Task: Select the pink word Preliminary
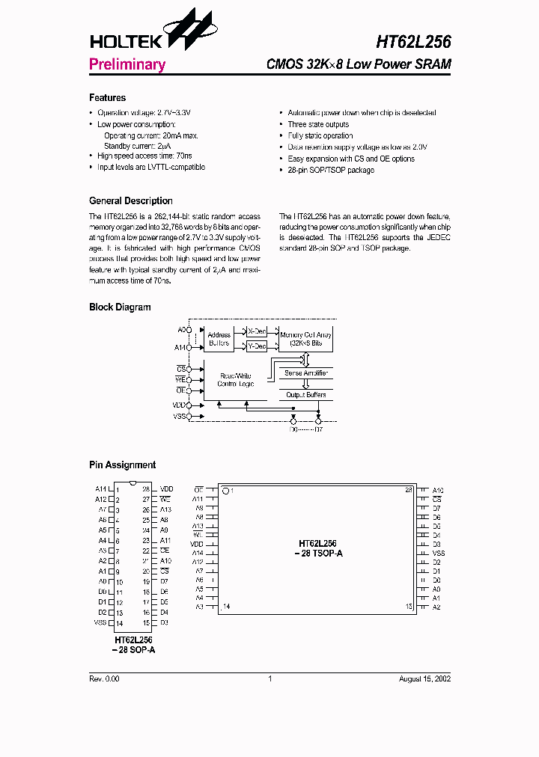click(x=127, y=64)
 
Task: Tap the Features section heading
click(x=107, y=98)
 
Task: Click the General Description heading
click(x=130, y=201)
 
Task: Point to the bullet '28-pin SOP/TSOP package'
click(x=331, y=171)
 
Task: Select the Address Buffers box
click(x=219, y=340)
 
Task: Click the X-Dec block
click(x=257, y=331)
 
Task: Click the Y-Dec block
click(x=257, y=346)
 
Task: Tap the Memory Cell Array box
click(x=305, y=339)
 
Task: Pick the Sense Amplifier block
click(x=305, y=373)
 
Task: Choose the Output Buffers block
click(x=305, y=394)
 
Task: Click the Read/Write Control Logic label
click(x=236, y=379)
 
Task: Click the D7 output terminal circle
click(x=319, y=421)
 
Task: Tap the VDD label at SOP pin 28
click(x=166, y=489)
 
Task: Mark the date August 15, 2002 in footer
click(x=424, y=678)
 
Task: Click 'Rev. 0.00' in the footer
click(x=104, y=678)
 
